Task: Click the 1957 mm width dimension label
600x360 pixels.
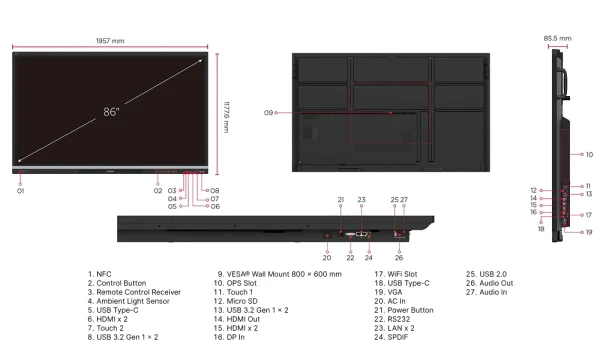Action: point(111,41)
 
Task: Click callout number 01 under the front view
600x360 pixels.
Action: point(19,190)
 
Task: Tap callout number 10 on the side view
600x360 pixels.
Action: point(589,154)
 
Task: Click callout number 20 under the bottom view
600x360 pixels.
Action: point(327,243)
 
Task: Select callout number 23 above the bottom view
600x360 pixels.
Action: point(362,199)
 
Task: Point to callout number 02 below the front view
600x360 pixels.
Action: point(158,189)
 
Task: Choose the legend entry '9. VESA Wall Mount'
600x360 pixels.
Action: point(279,272)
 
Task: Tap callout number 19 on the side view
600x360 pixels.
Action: point(589,231)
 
